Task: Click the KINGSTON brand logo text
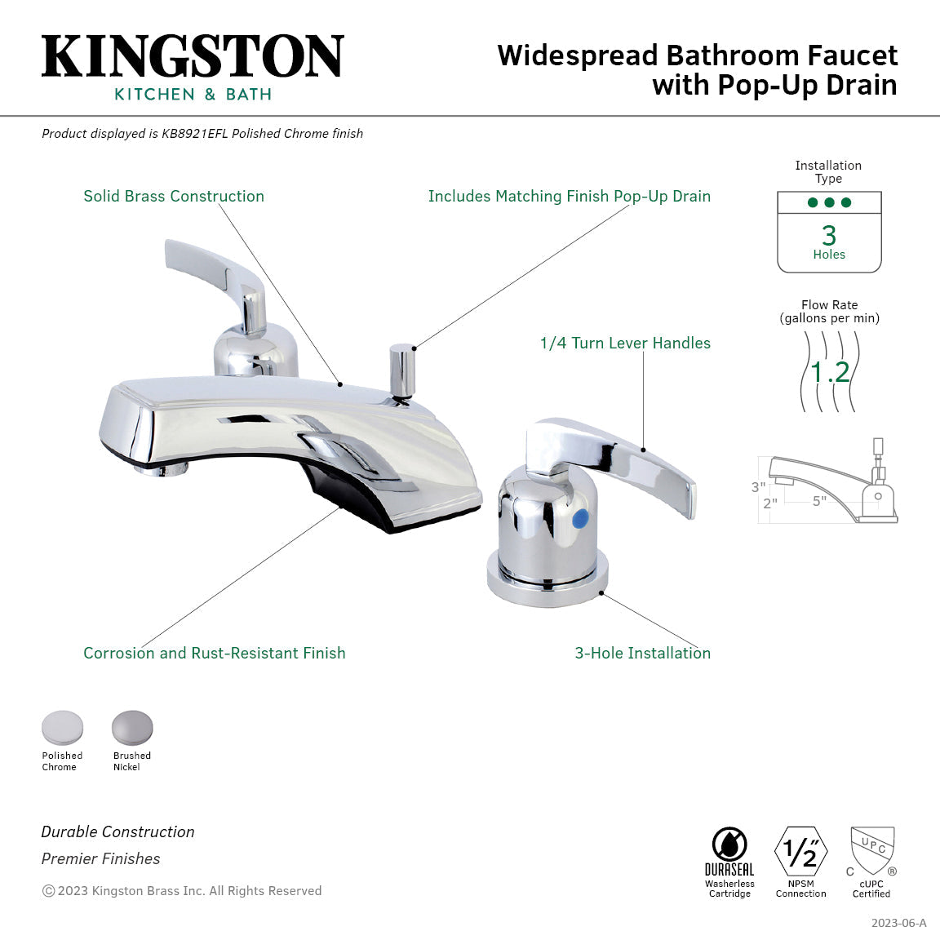(193, 56)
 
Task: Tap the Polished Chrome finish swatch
(62, 728)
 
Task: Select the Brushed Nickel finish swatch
(132, 728)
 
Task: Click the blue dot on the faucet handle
(581, 518)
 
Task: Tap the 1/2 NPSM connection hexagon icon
(800, 851)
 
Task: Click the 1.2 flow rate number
(830, 372)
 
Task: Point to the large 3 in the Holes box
(829, 235)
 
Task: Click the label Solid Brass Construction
(174, 197)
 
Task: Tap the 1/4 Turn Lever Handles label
(625, 344)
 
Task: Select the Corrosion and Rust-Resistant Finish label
(215, 654)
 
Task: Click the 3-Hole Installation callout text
(643, 654)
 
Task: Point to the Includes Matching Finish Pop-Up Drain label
(570, 197)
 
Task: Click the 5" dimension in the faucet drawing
(819, 501)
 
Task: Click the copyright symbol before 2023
(48, 891)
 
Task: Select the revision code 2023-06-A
(898, 923)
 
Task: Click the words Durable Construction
(118, 832)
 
